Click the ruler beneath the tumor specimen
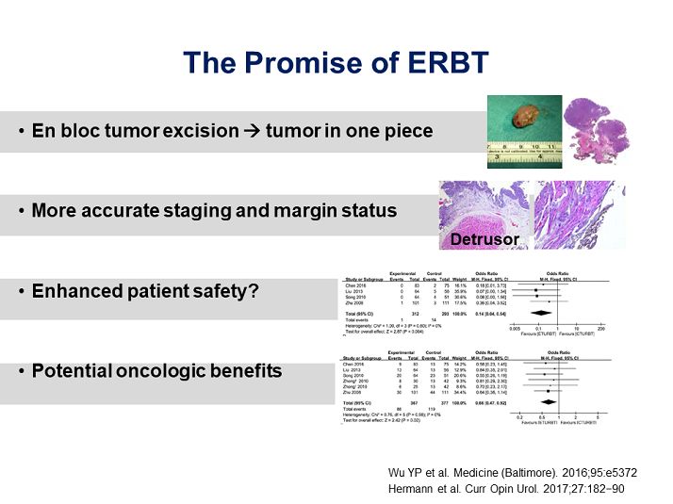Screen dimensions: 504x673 click(x=524, y=151)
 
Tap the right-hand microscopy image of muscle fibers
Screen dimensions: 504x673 click(x=573, y=216)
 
